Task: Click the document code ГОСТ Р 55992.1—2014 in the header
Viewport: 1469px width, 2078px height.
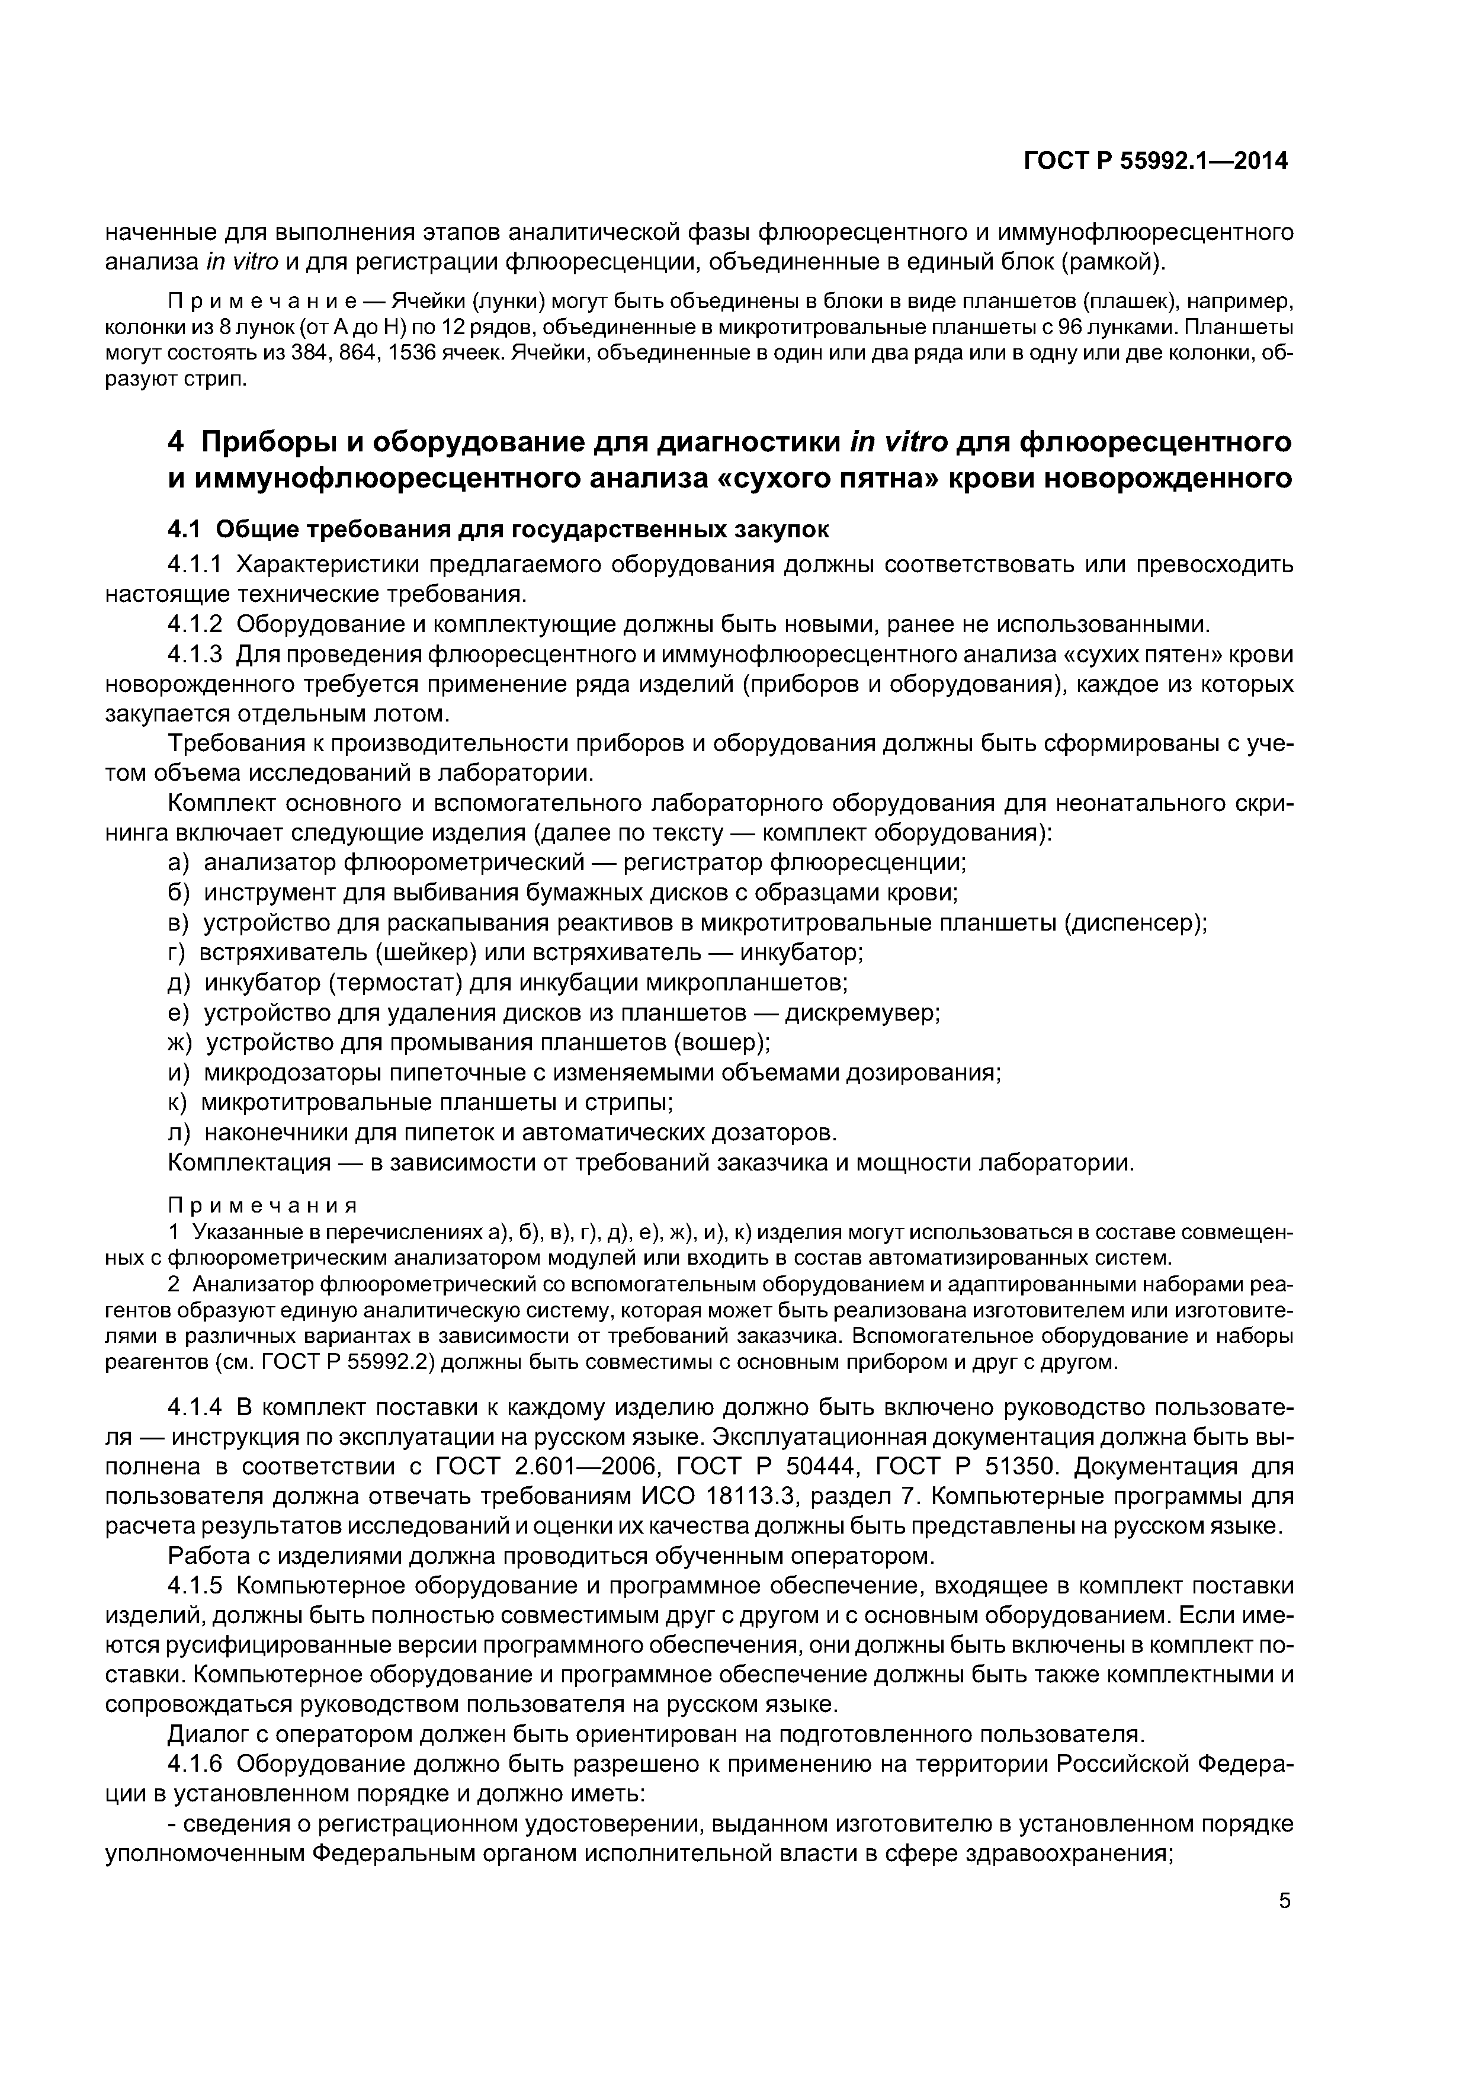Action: (1155, 161)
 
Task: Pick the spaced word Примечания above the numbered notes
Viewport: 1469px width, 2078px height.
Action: (262, 1207)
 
